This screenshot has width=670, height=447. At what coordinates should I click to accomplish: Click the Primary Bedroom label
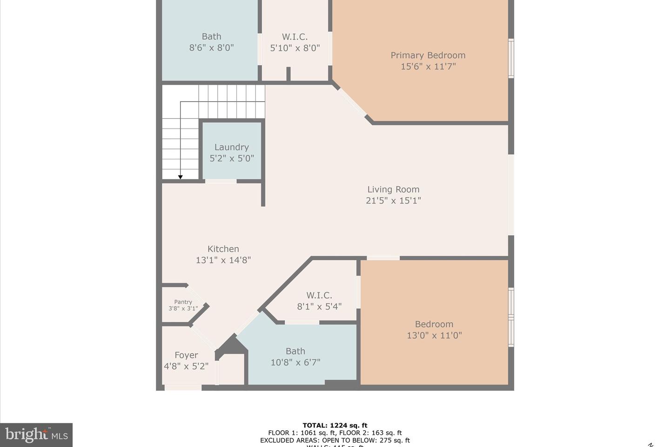click(x=428, y=55)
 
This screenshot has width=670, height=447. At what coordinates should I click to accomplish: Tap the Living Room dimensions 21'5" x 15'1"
click(x=393, y=201)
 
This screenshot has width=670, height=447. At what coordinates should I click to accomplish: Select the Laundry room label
click(x=231, y=147)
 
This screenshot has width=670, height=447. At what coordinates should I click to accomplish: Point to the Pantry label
click(x=183, y=302)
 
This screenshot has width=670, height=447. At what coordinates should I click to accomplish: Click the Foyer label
click(x=186, y=355)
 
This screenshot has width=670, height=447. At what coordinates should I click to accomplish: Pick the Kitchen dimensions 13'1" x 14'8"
click(x=223, y=260)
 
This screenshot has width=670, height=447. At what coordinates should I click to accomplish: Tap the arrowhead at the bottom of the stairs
click(x=180, y=176)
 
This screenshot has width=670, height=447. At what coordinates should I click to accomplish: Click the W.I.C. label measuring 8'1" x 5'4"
click(x=319, y=296)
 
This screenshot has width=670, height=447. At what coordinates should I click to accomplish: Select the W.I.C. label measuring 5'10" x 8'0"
click(x=295, y=37)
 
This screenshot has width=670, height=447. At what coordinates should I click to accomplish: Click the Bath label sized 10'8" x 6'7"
click(x=295, y=352)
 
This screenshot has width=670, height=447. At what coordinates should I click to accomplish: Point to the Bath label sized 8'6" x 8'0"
click(x=211, y=37)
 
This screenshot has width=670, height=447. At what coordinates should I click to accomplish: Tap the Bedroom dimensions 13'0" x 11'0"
click(x=434, y=335)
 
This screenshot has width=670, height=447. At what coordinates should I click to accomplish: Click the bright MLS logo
click(x=36, y=435)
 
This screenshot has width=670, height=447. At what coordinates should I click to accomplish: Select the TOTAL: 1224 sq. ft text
click(x=335, y=425)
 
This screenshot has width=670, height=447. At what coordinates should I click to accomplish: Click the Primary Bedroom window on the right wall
click(x=511, y=58)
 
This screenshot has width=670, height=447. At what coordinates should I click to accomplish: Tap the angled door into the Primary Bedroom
click(x=351, y=102)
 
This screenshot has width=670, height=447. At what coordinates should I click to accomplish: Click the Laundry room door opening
click(x=221, y=181)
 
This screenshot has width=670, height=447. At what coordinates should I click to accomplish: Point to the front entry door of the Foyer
click(x=183, y=387)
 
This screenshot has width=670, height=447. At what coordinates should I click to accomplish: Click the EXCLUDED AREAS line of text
click(x=335, y=440)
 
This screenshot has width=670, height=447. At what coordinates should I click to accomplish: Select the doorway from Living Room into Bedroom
click(x=383, y=258)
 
